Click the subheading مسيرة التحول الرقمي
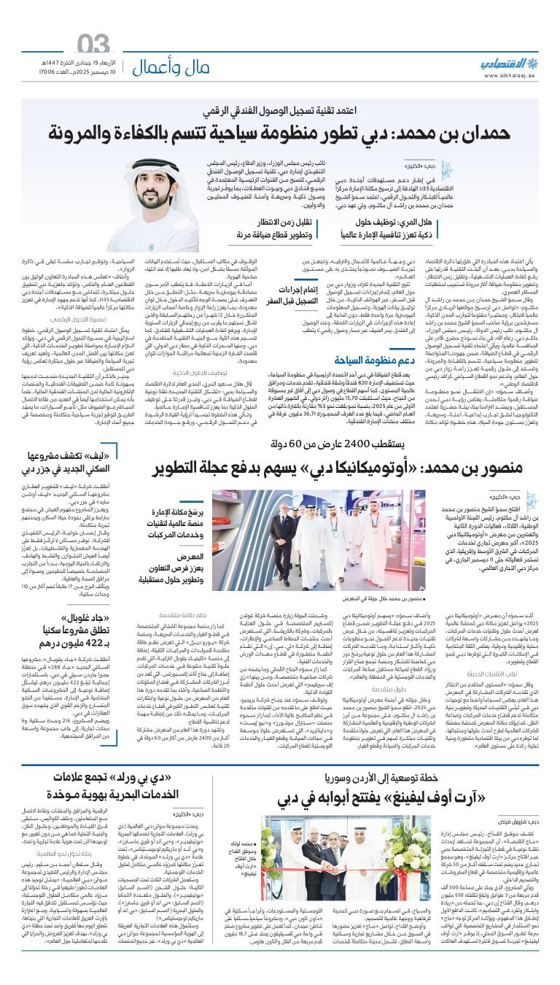(67, 318)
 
